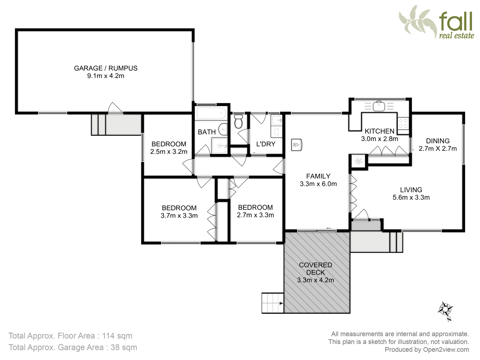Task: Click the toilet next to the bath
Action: pos(238,122)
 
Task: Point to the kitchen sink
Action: pos(379,106)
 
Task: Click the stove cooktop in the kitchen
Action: pos(403,123)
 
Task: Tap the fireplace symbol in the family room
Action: pos(296,145)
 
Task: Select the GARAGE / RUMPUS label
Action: pos(106,68)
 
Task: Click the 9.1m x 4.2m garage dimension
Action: pos(106,76)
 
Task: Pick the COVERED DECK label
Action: pos(315,269)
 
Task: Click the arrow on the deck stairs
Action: pos(281,303)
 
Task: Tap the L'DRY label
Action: pos(266,144)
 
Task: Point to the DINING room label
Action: pos(438,141)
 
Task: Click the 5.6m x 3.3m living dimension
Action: pos(411,197)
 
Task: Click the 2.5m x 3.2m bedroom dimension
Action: pos(169,152)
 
